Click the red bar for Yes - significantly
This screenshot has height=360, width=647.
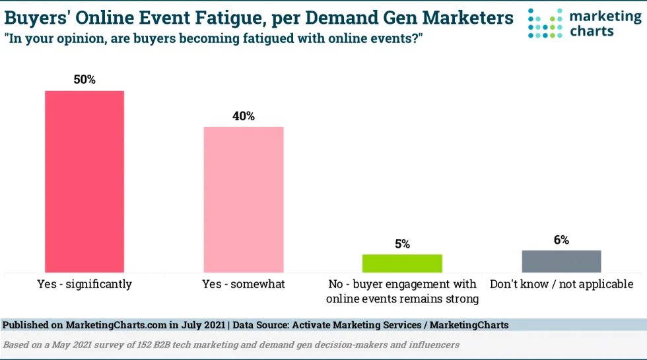[84, 181]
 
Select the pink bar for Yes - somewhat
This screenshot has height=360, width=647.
[243, 199]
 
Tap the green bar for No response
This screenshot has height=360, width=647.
[402, 263]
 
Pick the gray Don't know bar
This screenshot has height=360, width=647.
[561, 261]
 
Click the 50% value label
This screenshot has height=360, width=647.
[85, 80]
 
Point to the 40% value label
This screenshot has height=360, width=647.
[243, 116]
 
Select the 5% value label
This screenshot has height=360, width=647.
[402, 244]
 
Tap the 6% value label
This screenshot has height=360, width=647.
[561, 240]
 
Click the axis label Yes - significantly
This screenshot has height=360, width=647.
[84, 285]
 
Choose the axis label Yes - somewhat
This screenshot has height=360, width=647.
[243, 285]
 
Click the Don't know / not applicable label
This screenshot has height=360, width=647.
[561, 285]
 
